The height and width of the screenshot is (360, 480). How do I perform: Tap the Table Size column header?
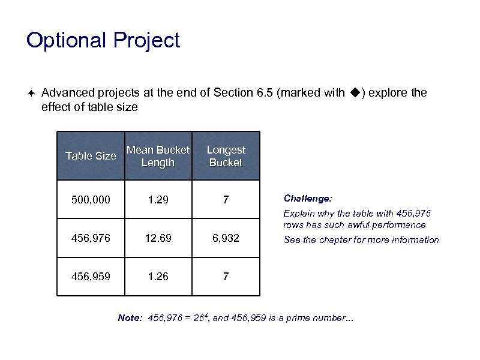click(x=91, y=156)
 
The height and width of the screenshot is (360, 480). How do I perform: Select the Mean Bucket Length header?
click(x=158, y=156)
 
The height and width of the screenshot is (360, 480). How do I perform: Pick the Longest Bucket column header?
click(x=226, y=156)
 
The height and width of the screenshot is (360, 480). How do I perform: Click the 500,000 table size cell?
click(x=91, y=199)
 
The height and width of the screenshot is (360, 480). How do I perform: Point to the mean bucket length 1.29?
click(x=158, y=199)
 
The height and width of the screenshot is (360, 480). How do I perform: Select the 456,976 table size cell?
click(x=91, y=238)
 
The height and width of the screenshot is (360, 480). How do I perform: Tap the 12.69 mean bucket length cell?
click(x=158, y=238)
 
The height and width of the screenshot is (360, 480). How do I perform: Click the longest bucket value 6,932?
click(x=226, y=238)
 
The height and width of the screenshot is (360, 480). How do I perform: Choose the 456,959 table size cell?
click(x=91, y=277)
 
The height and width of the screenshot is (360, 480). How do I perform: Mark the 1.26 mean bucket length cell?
click(x=158, y=277)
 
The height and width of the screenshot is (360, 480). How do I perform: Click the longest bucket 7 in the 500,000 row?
click(x=226, y=199)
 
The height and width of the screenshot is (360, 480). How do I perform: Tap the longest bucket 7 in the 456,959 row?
click(x=226, y=277)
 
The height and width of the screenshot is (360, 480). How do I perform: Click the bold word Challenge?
click(x=308, y=198)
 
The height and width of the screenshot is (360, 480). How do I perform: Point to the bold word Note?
click(x=130, y=318)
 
